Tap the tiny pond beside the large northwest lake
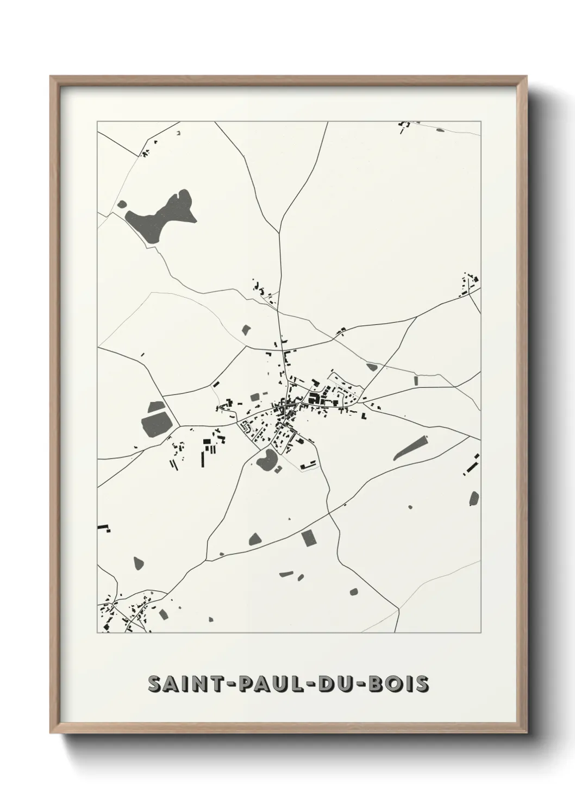pyautogui.click(x=122, y=205)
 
